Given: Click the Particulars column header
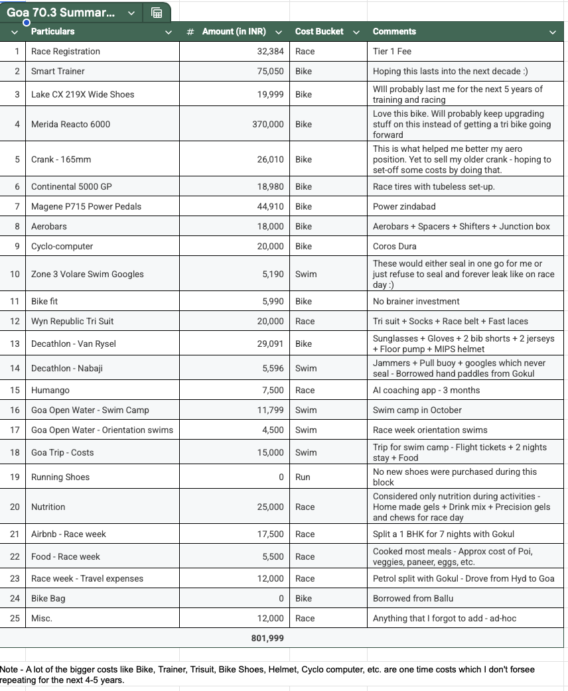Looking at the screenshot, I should tap(53, 32).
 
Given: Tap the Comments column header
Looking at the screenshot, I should tap(394, 32).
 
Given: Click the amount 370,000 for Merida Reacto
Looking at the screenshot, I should tap(267, 124).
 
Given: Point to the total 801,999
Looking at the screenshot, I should tap(267, 638).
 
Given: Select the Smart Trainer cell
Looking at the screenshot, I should tap(58, 71).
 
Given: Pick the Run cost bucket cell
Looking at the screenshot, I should tap(303, 477).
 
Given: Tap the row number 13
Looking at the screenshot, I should tap(15, 344).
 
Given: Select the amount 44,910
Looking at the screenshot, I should tap(270, 206).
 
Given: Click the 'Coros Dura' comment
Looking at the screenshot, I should tap(395, 246).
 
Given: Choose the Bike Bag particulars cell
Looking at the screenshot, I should tap(48, 598).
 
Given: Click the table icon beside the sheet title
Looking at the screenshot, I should tap(157, 13).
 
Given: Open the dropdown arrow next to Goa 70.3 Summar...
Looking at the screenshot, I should tap(131, 13).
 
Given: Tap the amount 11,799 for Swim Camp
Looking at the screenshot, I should tap(270, 410).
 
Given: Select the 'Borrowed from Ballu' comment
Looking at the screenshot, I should tap(413, 598).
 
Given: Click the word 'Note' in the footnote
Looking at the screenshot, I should tap(9, 669).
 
